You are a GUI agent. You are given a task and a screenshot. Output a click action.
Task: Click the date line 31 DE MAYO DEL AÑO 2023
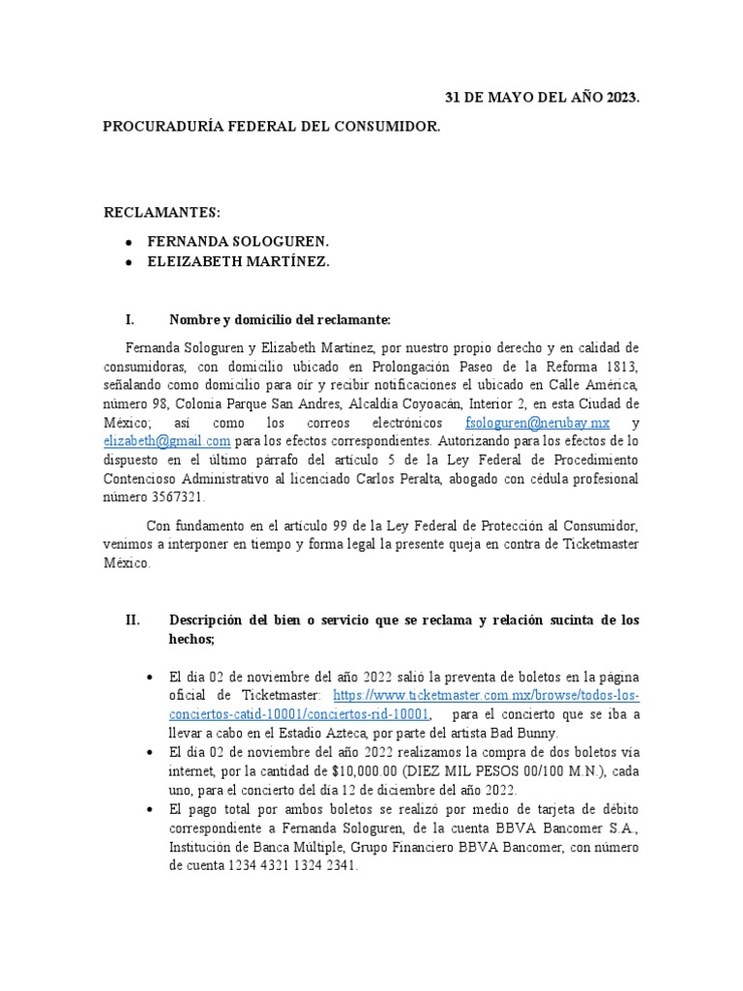(542, 99)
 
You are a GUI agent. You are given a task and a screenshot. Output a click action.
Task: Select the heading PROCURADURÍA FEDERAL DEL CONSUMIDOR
(271, 127)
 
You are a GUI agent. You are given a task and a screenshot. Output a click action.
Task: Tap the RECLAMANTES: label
(162, 212)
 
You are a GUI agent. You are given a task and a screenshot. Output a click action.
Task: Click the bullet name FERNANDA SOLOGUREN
(238, 240)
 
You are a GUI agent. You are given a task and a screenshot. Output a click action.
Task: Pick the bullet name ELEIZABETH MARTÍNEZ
(238, 261)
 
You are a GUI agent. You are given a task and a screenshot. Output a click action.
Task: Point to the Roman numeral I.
(130, 318)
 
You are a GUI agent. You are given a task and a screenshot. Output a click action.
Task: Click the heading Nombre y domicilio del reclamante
(280, 318)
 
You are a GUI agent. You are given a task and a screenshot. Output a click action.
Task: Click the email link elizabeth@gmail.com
(167, 441)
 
